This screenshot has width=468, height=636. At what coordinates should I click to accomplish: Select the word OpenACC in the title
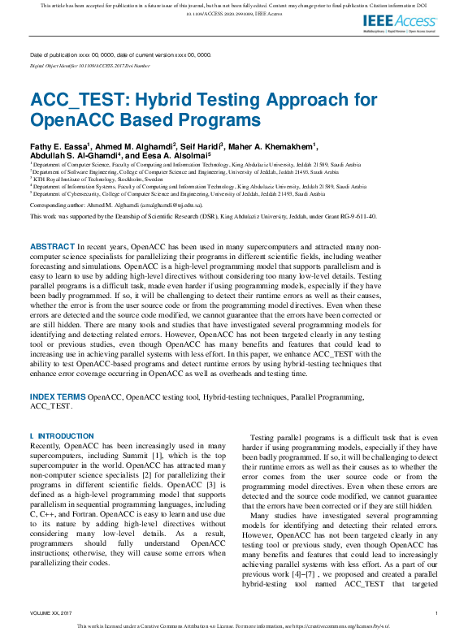tap(64, 120)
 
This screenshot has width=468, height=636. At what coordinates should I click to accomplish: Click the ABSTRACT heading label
tap(54, 245)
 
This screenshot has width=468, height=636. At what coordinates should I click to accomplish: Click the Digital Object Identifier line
tap(90, 65)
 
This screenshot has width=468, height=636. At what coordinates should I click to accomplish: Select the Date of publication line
tap(120, 54)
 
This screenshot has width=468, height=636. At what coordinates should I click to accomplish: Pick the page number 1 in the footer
tap(437, 612)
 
